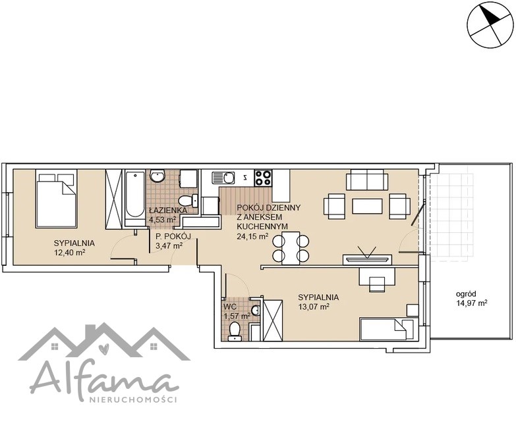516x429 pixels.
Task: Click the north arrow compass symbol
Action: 490,24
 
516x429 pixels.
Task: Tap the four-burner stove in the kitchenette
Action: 263,178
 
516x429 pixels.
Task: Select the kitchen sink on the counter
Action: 223,178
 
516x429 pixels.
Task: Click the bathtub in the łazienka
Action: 134,198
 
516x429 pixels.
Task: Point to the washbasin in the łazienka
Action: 158,176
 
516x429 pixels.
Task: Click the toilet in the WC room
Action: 235,330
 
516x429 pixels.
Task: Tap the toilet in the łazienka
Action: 188,201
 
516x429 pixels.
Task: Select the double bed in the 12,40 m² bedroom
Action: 56,199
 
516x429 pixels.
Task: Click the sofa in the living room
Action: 367,180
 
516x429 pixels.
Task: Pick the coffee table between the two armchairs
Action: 367,206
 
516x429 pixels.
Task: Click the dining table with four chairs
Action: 291,248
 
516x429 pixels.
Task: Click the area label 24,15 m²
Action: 252,236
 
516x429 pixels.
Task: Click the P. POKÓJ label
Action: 173,236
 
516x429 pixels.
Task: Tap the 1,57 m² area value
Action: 237,316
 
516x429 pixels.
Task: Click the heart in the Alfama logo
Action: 103,347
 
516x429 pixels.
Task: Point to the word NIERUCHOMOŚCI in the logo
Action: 134,400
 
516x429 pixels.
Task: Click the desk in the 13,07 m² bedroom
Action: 376,276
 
